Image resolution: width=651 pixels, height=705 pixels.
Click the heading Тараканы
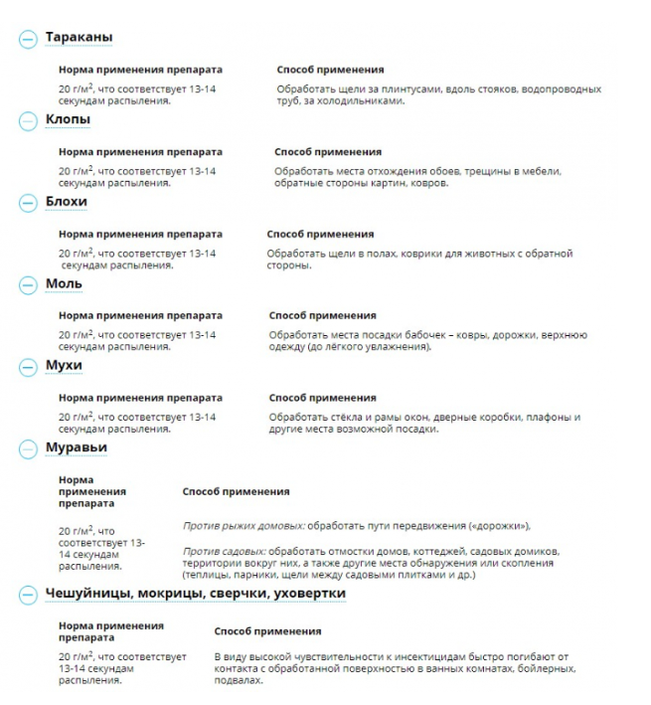(x=79, y=38)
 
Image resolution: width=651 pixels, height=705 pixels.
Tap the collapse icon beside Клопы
(x=27, y=120)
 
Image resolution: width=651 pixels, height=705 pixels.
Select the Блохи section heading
(x=66, y=202)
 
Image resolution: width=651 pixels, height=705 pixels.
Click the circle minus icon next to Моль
(x=27, y=284)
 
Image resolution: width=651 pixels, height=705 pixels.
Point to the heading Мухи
(x=64, y=366)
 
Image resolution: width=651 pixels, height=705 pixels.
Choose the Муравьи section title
(x=76, y=447)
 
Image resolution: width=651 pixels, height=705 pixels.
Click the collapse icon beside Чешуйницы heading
(x=27, y=595)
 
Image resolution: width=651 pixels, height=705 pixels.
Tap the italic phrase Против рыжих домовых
(x=244, y=525)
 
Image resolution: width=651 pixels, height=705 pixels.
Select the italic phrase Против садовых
(x=224, y=551)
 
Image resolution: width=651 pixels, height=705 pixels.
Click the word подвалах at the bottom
(x=239, y=681)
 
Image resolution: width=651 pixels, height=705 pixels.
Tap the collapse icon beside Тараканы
(x=27, y=39)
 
